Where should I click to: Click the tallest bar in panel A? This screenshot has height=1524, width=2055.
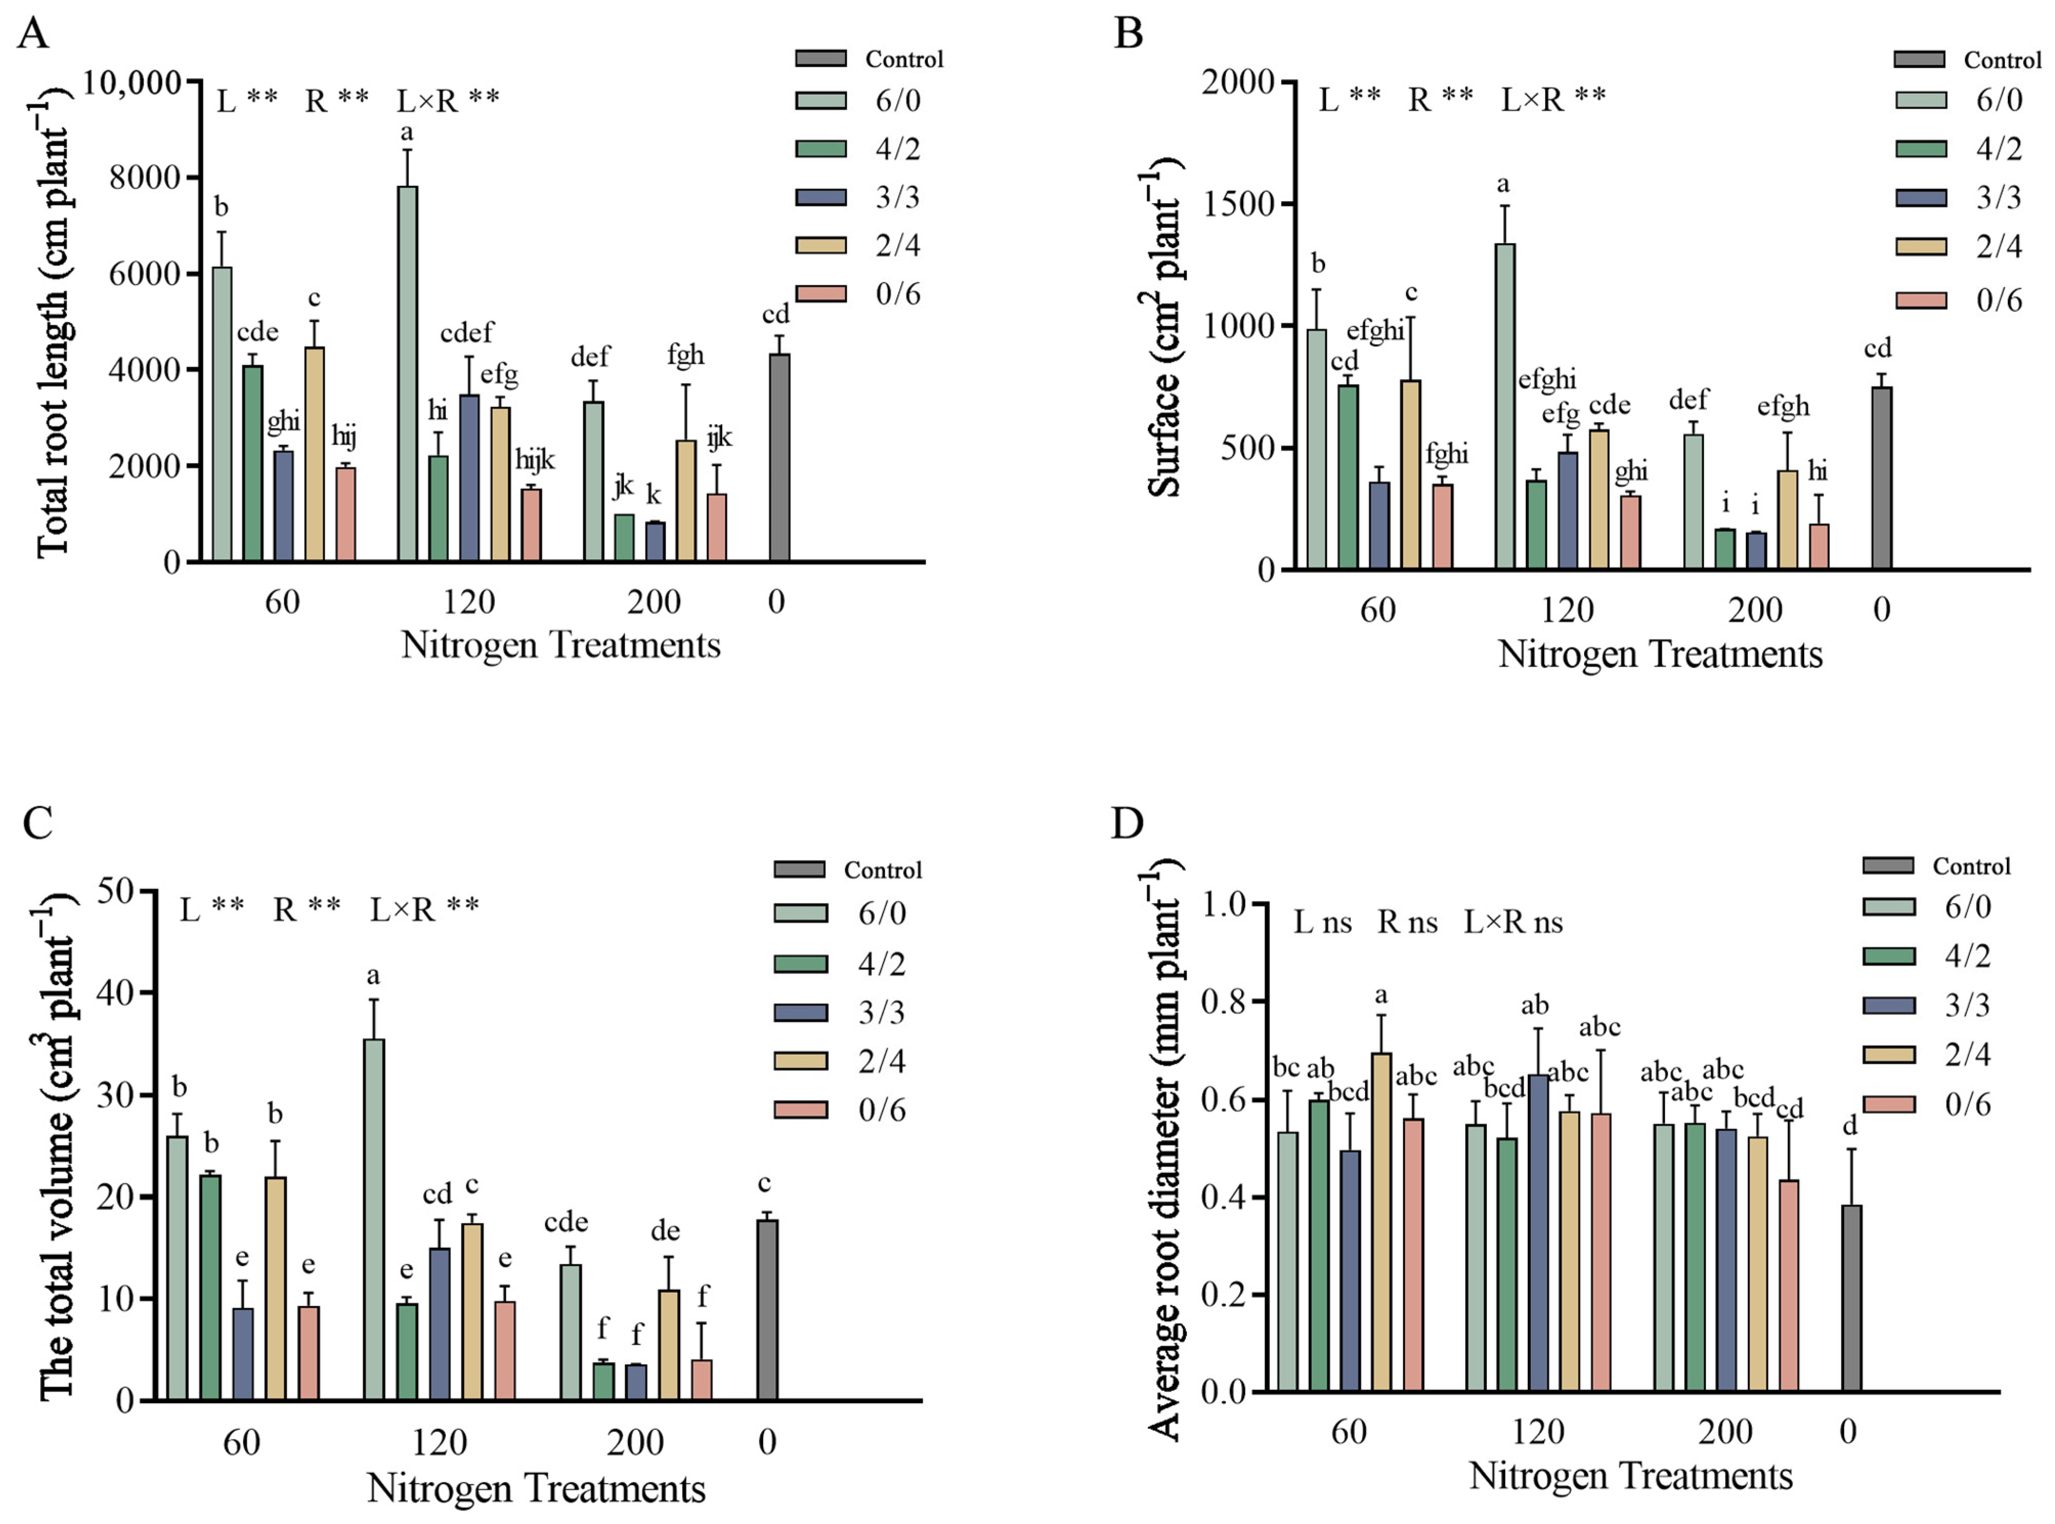[x=407, y=373]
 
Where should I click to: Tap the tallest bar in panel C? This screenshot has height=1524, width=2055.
[x=375, y=1220]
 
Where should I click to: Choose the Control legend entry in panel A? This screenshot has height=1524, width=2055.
[x=869, y=59]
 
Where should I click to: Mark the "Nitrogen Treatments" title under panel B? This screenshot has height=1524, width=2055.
[x=1660, y=654]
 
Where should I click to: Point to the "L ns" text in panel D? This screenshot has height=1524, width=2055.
[x=1323, y=922]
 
